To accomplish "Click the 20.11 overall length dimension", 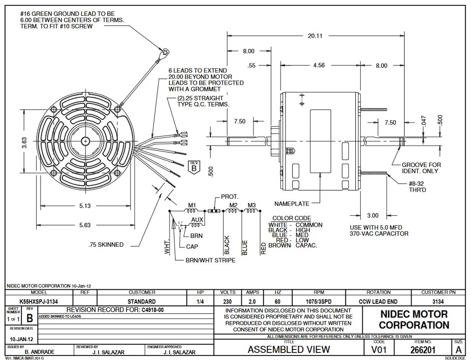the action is pos(315,36).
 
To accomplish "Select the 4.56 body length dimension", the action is pos(319,65).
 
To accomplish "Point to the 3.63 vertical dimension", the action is pos(24,142).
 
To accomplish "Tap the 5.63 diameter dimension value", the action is pos(85,225).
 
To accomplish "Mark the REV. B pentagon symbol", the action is pos(194,167).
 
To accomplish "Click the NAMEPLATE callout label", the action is pos(292,204).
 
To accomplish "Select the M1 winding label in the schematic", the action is pos(192,205).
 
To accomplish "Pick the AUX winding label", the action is pos(197,220).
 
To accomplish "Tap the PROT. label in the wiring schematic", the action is pos(230,197).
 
